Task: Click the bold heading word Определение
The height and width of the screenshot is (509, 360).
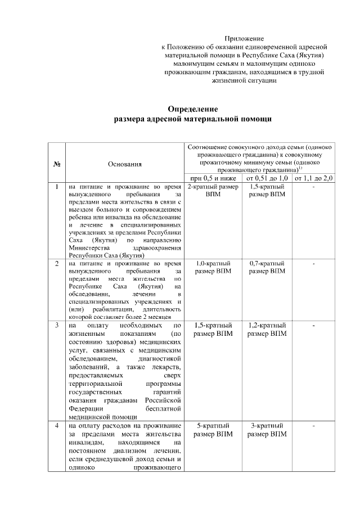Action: pyautogui.click(x=193, y=109)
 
